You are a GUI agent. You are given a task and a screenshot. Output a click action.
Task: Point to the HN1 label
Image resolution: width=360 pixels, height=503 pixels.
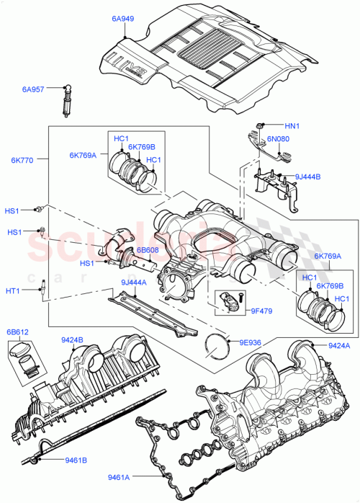(x=292, y=124)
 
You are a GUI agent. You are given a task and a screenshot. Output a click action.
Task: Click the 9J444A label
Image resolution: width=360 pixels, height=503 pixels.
(x=135, y=282)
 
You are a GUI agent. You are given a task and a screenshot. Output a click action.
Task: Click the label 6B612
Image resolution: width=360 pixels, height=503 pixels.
(x=19, y=333)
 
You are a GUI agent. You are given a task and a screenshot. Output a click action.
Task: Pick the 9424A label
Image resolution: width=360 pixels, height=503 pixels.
(x=340, y=345)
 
